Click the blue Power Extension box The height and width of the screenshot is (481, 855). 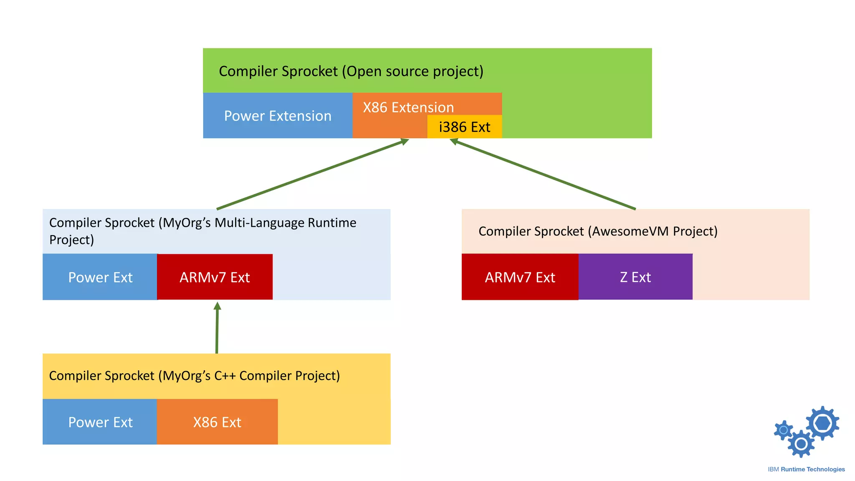click(x=278, y=116)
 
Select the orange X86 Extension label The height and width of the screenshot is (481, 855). click(x=408, y=107)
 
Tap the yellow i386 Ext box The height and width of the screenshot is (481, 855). click(x=464, y=127)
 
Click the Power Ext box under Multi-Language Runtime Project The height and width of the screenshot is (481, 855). click(x=100, y=277)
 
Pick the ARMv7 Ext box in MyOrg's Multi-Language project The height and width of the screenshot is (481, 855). click(x=215, y=277)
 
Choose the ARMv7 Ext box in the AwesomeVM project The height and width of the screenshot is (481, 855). click(x=520, y=277)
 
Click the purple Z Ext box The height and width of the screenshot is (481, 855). click(x=635, y=277)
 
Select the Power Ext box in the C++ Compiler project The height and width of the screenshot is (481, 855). click(x=100, y=422)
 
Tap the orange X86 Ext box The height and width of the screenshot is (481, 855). click(x=217, y=422)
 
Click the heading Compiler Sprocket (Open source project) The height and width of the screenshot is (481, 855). click(x=351, y=71)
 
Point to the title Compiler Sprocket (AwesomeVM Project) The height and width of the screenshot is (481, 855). click(x=598, y=231)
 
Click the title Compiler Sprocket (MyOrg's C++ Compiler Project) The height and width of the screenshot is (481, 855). click(x=195, y=376)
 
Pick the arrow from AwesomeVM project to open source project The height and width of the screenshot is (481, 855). click(x=543, y=175)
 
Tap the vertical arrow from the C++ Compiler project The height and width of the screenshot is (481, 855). click(x=217, y=330)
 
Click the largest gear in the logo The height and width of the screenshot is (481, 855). click(x=822, y=423)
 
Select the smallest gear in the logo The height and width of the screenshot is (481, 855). click(x=784, y=430)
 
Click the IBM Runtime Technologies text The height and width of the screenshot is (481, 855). click(x=806, y=469)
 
